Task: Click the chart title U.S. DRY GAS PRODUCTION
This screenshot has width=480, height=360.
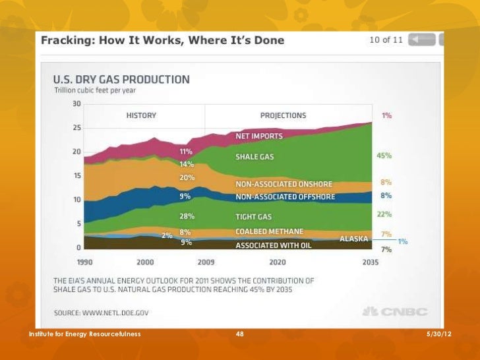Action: tap(121, 79)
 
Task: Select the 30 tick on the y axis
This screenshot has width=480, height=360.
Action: tap(76, 104)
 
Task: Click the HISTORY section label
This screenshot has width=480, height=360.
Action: tap(141, 115)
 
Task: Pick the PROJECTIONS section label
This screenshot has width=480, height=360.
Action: tap(283, 115)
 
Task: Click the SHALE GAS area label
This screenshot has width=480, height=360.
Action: tap(254, 157)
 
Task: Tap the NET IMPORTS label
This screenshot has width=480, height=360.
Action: tap(259, 136)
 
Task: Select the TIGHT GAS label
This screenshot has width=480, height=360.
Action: tap(253, 216)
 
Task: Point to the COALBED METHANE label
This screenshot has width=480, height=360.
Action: tap(270, 231)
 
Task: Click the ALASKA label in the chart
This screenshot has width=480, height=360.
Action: tap(354, 239)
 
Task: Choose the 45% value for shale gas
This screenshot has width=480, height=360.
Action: tap(384, 156)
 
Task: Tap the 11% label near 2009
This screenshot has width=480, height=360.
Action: tap(186, 152)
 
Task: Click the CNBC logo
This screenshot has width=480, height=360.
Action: tap(395, 312)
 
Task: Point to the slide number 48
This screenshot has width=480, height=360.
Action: tap(240, 335)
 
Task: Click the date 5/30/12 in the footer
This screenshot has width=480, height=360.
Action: tap(438, 335)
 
